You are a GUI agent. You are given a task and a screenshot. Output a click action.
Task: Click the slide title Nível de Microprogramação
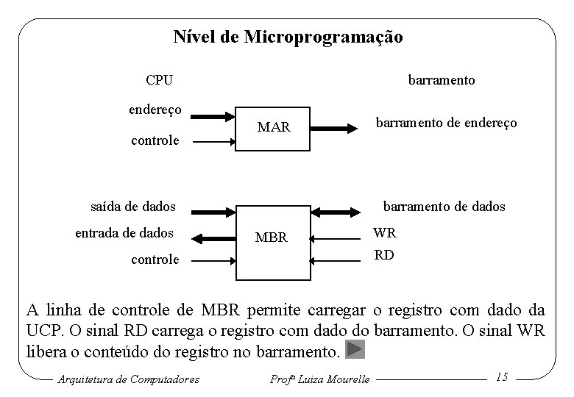coord(288,37)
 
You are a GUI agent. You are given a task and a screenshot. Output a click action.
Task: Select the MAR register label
coord(274,128)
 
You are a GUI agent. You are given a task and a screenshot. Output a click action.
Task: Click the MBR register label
coord(271,238)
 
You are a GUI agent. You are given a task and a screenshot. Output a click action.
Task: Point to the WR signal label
coord(384,233)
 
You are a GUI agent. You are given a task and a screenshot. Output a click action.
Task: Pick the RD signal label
coord(384,256)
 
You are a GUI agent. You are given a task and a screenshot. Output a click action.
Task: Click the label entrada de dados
coord(124,233)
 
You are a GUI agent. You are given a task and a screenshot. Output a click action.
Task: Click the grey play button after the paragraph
coord(355,349)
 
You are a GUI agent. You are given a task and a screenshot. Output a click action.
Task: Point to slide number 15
coord(503,377)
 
